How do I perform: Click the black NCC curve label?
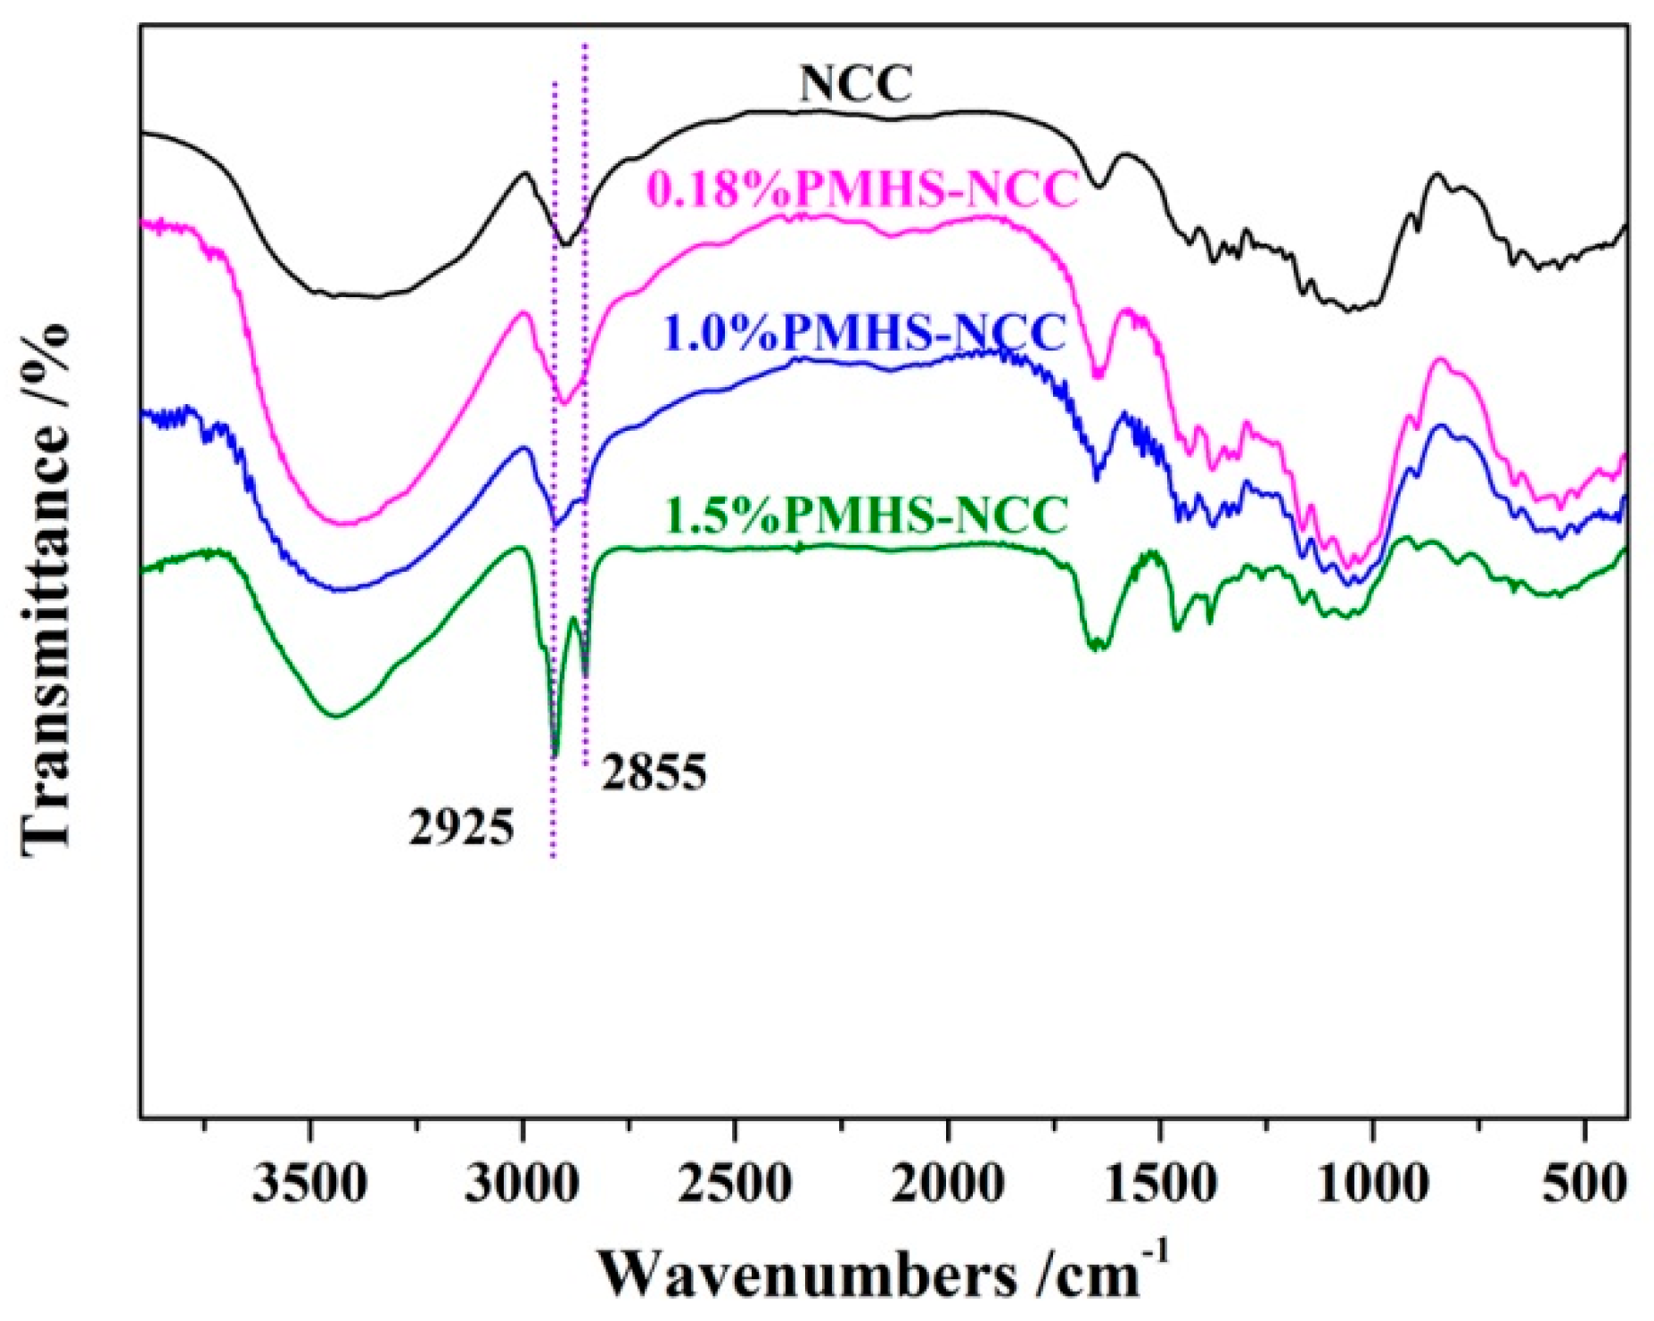click(x=855, y=85)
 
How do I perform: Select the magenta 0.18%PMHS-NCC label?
click(x=863, y=189)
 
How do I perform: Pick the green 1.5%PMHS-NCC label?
click(x=867, y=515)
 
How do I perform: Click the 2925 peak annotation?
click(x=462, y=827)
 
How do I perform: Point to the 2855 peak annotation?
click(x=654, y=772)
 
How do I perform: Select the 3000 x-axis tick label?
click(x=523, y=1185)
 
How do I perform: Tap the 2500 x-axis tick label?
click(x=735, y=1185)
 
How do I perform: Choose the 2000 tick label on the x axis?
click(x=947, y=1185)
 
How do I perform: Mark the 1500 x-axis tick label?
click(x=1160, y=1185)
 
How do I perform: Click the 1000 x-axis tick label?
click(x=1372, y=1185)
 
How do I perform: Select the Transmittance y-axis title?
click(x=45, y=589)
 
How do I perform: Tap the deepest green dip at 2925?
click(x=555, y=755)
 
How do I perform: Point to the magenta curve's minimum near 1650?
click(x=1099, y=376)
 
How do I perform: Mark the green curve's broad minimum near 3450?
click(x=335, y=714)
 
